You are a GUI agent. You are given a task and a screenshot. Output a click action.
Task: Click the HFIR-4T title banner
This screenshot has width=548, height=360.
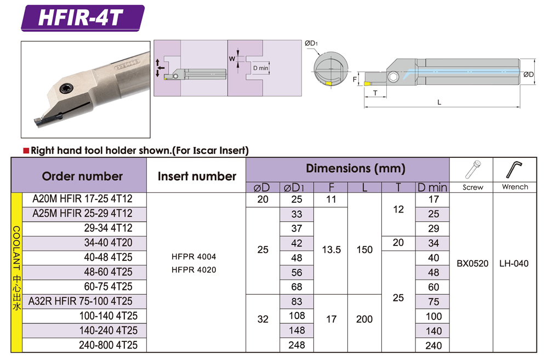(83, 18)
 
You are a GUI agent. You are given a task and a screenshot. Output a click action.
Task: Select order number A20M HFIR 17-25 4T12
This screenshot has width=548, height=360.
(83, 199)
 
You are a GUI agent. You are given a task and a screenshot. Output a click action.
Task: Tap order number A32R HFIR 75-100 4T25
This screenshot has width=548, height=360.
(81, 301)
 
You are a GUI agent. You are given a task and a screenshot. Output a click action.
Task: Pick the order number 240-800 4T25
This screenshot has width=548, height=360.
(109, 345)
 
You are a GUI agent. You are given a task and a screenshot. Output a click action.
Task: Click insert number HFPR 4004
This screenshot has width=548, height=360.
(193, 256)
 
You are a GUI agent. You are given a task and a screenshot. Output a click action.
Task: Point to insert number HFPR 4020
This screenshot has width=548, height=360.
(193, 270)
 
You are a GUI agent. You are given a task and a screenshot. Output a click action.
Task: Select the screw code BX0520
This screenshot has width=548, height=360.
(472, 264)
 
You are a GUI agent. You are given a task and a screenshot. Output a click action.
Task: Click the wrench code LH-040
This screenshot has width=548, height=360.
(514, 264)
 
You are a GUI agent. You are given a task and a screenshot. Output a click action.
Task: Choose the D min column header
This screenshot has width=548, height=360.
(432, 188)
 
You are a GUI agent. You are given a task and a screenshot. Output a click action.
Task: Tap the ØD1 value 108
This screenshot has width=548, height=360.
(296, 316)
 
